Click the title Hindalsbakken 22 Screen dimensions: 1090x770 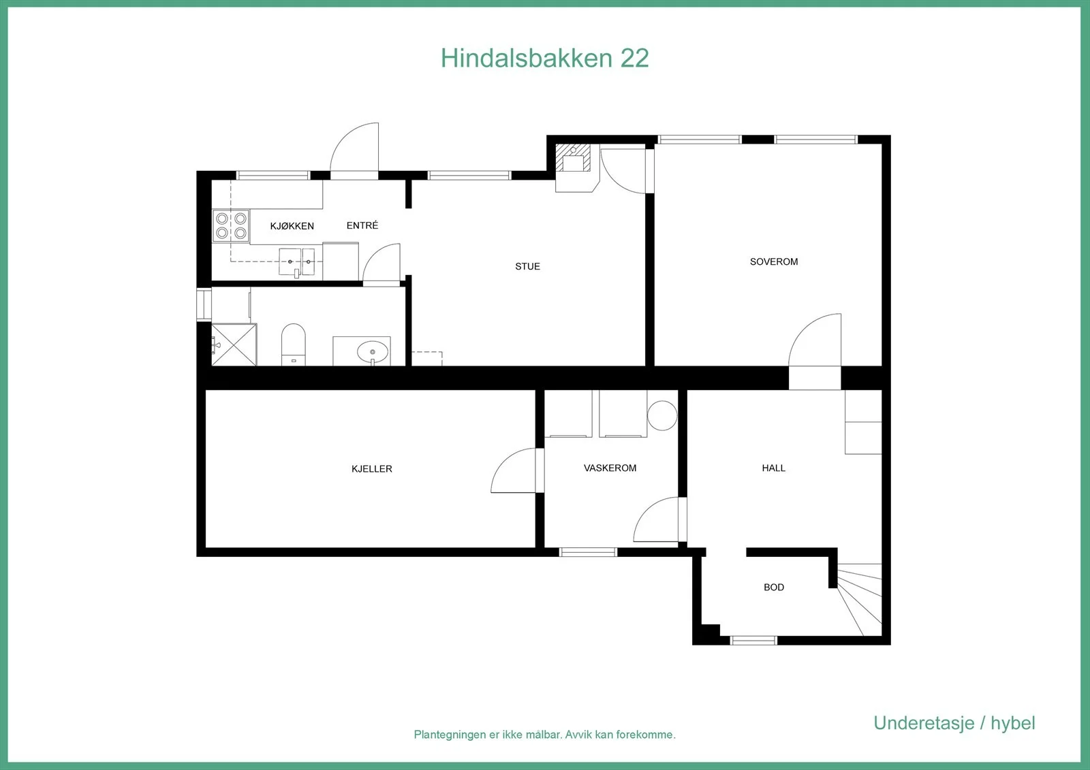point(544,58)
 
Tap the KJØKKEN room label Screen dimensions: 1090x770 point(292,226)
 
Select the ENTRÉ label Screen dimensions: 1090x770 point(362,225)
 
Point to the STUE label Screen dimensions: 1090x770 point(527,266)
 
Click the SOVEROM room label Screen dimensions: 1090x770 point(774,261)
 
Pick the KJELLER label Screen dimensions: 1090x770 point(372,469)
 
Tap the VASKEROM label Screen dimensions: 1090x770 point(610,468)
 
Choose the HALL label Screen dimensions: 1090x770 point(773,468)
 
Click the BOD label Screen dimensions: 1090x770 point(774,587)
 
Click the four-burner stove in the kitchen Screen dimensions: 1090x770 point(231,226)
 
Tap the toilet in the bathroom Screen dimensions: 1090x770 point(294,344)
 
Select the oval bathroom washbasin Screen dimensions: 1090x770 point(373,351)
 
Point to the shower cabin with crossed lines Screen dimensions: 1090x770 point(234,345)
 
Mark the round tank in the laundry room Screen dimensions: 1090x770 point(662,415)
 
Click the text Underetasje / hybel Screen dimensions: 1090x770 point(954,723)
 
